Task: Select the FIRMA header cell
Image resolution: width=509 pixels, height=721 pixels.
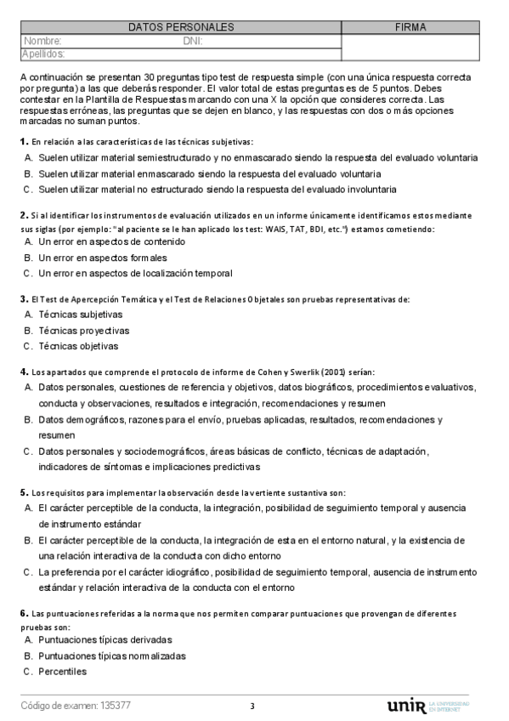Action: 410,27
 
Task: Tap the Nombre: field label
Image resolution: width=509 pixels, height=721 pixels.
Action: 42,40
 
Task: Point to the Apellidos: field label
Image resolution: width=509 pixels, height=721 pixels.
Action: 43,54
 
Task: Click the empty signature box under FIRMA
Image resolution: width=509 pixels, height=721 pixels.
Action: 410,47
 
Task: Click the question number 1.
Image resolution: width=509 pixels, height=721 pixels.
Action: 23,141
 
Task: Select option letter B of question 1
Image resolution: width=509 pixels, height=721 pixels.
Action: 28,173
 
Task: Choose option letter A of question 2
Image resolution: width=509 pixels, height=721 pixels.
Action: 28,241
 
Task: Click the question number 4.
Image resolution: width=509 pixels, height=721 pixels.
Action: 23,372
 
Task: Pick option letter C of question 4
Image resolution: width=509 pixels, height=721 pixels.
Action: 28,451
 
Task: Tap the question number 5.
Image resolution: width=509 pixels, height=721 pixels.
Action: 23,493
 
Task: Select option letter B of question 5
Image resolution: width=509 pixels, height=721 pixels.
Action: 28,540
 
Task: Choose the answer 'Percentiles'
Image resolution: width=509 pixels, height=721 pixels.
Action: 63,672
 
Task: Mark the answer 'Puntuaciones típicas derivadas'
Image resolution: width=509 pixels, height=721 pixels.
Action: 105,639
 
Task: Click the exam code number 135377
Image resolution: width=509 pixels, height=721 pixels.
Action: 116,706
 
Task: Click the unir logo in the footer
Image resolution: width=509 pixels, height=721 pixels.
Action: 405,706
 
